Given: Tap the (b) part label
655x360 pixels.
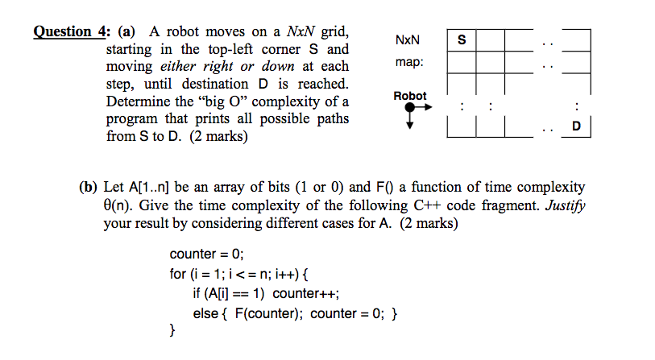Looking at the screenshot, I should (89, 187).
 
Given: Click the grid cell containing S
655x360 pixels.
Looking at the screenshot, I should (461, 39).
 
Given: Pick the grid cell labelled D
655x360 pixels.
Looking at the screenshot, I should (575, 126).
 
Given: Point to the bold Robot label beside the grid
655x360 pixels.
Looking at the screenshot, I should (410, 96).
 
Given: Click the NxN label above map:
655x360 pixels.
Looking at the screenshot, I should (408, 39).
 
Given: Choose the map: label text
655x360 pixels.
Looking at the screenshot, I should (408, 62).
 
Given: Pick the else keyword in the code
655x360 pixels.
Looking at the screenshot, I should (205, 312).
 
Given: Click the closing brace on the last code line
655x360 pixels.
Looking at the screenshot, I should (172, 330).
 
